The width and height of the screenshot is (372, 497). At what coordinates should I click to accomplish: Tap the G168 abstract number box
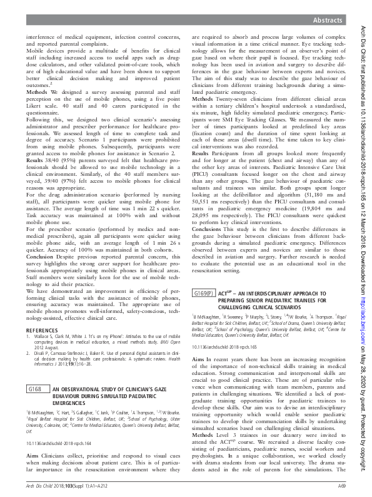pyautogui.click(x=37, y=390)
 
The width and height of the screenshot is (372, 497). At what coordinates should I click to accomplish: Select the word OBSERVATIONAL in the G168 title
pyautogui.click(x=85, y=389)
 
